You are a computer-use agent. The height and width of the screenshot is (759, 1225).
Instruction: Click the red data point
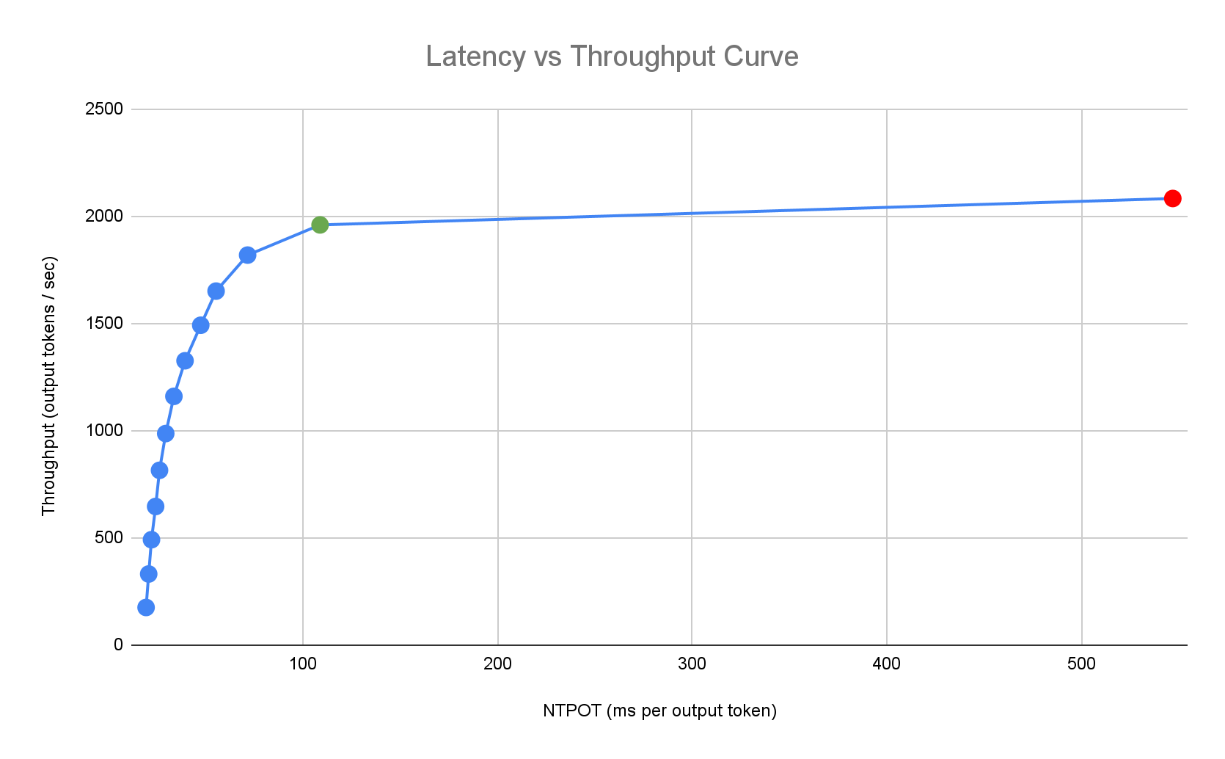tap(1172, 198)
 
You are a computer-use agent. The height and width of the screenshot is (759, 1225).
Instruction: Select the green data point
tap(320, 225)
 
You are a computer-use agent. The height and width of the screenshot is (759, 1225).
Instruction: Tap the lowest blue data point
tap(146, 607)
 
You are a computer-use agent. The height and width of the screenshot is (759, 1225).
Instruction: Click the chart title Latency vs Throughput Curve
tap(612, 57)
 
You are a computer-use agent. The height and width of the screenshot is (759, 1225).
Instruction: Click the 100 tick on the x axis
tap(303, 665)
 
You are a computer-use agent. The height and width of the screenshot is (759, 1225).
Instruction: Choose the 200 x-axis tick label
tap(497, 665)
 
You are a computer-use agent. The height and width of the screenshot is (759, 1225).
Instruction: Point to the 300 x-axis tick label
tap(692, 665)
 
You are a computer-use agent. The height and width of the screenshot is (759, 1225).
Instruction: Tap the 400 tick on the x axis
tap(887, 665)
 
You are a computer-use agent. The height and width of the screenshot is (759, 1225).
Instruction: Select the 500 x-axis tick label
tap(1081, 665)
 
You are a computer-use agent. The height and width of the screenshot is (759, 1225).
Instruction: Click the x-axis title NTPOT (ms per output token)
tap(659, 711)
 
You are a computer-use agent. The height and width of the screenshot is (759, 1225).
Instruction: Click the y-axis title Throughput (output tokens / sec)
tap(48, 385)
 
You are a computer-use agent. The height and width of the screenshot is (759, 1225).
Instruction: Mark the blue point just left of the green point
tap(247, 255)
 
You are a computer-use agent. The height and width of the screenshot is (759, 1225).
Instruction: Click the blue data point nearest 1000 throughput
tap(166, 433)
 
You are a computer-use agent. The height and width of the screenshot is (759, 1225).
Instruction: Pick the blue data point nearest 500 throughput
tap(151, 540)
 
